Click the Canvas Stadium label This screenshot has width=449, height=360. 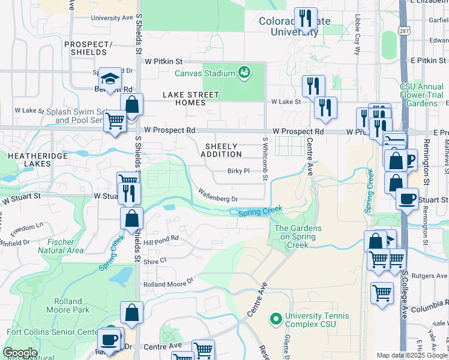204,74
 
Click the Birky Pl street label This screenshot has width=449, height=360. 238,171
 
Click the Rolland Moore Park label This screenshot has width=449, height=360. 67,305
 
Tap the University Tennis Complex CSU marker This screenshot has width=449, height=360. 276,319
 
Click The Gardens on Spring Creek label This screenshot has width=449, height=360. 298,236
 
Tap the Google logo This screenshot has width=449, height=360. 20,353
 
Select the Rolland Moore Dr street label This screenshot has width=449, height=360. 169,281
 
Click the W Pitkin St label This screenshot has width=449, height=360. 163,61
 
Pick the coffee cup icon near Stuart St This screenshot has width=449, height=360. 407,199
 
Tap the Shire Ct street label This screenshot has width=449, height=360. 155,262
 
